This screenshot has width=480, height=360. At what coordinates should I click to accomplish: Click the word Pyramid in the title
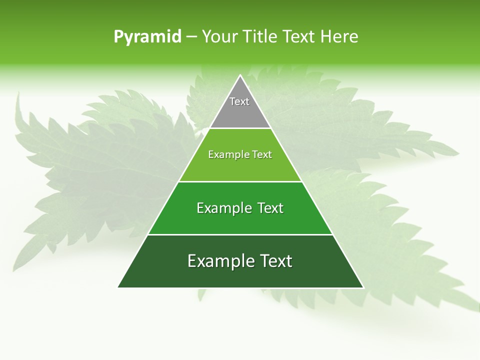click(147, 37)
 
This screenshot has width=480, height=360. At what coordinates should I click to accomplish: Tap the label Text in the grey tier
click(239, 101)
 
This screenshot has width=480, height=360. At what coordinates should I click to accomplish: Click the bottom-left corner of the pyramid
click(118, 287)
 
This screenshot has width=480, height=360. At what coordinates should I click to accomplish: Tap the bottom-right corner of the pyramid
click(363, 287)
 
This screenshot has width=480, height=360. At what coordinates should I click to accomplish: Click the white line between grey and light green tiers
click(240, 128)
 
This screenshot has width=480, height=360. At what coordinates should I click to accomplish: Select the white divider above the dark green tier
click(240, 234)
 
